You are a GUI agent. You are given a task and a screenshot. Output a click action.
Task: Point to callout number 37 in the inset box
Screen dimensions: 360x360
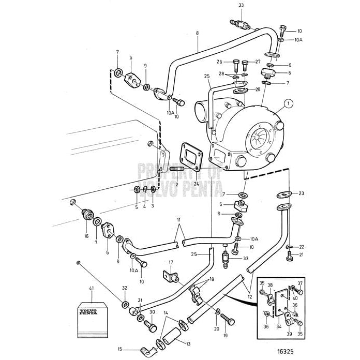click(x=300, y=283)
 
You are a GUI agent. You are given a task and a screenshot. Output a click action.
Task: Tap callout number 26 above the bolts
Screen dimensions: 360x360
click(x=219, y=62)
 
